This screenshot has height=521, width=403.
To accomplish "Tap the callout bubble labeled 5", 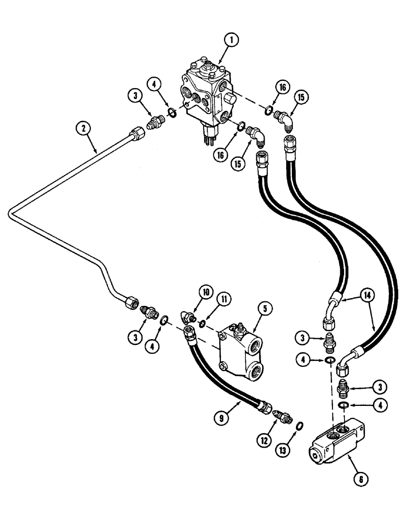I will [266, 309].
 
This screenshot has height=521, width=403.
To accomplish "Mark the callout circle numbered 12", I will [263, 441].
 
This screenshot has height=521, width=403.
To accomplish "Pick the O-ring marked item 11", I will [201, 324].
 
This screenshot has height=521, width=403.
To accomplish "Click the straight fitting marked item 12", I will [282, 417].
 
